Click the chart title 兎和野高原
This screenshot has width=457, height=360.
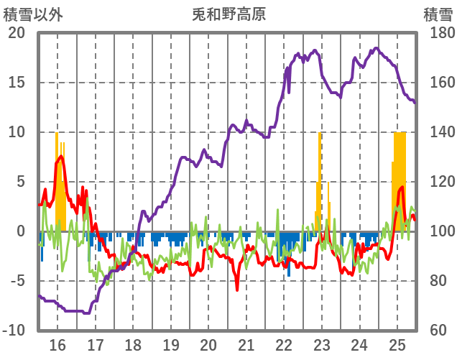pyautogui.click(x=228, y=14)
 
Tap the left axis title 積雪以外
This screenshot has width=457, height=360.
pyautogui.click(x=33, y=14)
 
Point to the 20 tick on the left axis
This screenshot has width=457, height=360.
pyautogui.click(x=17, y=33)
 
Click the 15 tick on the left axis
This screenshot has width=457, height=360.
pyautogui.click(x=17, y=83)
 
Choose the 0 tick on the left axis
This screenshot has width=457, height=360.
pyautogui.click(x=20, y=231)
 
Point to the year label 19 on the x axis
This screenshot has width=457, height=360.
pyautogui.click(x=170, y=345)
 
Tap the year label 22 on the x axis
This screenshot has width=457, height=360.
pyautogui.click(x=284, y=345)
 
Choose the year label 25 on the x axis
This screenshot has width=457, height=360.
pyautogui.click(x=397, y=345)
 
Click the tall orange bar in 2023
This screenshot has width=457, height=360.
pyautogui.click(x=320, y=180)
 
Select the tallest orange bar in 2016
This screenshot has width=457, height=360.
pyautogui.click(x=57, y=180)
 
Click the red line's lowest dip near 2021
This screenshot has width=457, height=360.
pyautogui.click(x=237, y=290)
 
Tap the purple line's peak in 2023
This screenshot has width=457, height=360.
pyautogui.click(x=315, y=50)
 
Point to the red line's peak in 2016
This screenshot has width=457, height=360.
pyautogui.click(x=60, y=156)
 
